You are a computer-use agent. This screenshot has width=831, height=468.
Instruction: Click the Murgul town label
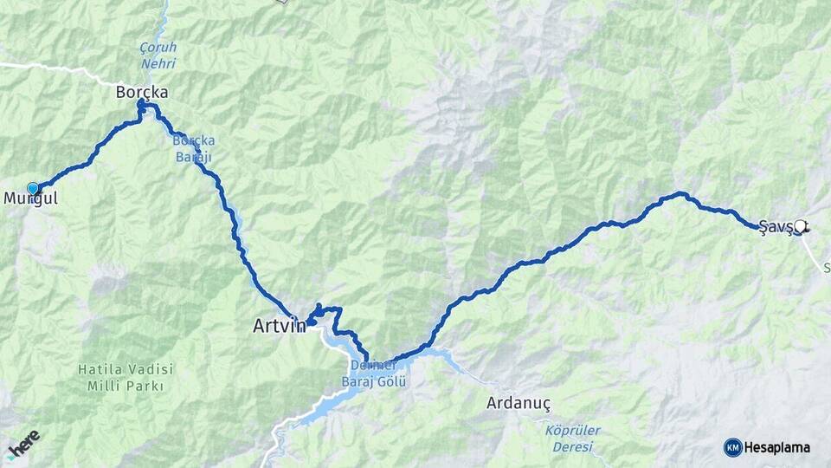[x=30, y=198]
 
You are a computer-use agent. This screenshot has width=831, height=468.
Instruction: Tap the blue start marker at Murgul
[x=33, y=188]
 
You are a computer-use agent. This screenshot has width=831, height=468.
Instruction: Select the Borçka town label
[x=142, y=92]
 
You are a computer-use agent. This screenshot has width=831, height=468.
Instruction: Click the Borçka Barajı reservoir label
[x=193, y=148]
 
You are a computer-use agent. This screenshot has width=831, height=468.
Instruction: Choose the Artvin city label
[x=279, y=327]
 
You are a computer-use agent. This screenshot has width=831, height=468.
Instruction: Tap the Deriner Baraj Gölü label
[x=374, y=373]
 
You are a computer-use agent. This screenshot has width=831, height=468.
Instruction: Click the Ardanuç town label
[x=519, y=403]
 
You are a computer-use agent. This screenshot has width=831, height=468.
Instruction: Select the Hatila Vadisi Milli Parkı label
[x=126, y=377]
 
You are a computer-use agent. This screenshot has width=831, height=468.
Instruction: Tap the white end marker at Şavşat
[x=800, y=226]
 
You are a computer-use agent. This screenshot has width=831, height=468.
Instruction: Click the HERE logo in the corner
[x=23, y=443]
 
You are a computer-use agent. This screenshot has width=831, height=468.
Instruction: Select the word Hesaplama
[x=777, y=448]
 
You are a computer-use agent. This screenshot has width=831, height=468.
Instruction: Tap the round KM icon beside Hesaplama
[x=732, y=447]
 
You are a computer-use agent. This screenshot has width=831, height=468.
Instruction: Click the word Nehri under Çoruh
[x=158, y=64]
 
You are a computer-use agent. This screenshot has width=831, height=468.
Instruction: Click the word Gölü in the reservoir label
[x=394, y=380]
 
